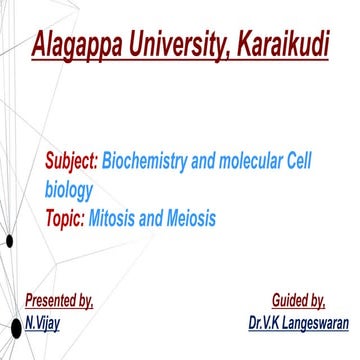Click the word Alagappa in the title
[x=78, y=45]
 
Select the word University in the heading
[x=177, y=45]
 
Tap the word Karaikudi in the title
[x=279, y=45]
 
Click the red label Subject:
[x=71, y=161]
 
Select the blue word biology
[x=69, y=188]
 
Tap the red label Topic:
[x=64, y=215]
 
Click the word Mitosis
[x=115, y=215]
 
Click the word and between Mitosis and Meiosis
[x=151, y=215]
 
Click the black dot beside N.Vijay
[x=14, y=327]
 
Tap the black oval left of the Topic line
[x=9, y=240]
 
